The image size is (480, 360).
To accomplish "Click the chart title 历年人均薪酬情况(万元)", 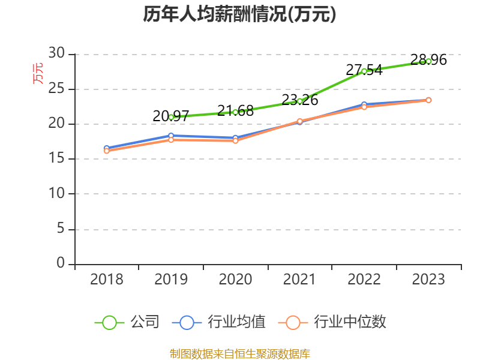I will coord(239,14).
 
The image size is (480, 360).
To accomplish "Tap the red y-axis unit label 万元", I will coord(38,73).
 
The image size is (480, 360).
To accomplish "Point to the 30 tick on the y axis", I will coord(57,54).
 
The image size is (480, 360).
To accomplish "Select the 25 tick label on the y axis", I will coord(57,89).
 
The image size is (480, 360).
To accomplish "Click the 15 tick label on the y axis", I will coord(57,159).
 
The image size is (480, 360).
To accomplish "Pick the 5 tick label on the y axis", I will coord(61,229).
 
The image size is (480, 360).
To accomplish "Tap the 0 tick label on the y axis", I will coord(61,263).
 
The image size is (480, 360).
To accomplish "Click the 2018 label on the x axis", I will coord(106,280).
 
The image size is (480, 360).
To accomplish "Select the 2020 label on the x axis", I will coord(235,280).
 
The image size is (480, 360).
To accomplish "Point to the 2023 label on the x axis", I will coord(428,280).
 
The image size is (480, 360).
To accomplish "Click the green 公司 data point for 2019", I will coord(171,117).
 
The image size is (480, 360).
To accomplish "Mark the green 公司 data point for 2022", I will coord(364,71).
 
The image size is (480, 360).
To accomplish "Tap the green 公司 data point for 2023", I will coord(428,61).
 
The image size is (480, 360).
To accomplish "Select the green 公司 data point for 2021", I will coord(299,101).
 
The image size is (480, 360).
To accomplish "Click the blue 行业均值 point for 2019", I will coord(171,136).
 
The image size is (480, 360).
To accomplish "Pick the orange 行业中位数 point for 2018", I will coord(106,151).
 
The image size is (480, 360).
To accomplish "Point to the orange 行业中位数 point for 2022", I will coord(364,107).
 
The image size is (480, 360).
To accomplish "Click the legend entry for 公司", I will coord(127,322).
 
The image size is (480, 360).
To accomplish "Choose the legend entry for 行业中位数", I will coord(332,322).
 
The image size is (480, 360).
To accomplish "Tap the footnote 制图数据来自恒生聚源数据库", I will coord(239,353).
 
